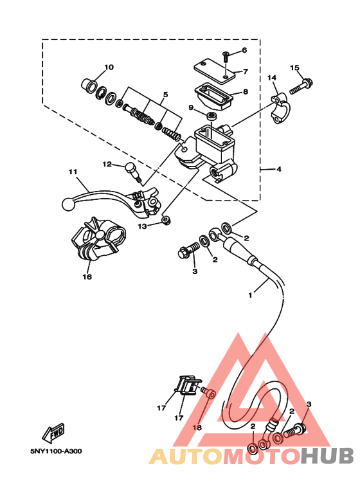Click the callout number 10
click(x=109, y=68)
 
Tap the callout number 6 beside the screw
click(x=244, y=50)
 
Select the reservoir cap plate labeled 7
click(x=215, y=70)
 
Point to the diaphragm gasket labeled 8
click(x=214, y=95)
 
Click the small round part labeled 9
click(x=212, y=116)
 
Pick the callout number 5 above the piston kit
click(x=165, y=95)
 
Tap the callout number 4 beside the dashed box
click(x=279, y=169)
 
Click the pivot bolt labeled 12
click(x=134, y=171)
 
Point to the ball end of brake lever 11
click(x=67, y=203)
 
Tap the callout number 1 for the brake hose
click(x=250, y=295)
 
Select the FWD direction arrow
click(x=54, y=432)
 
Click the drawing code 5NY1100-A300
click(x=56, y=451)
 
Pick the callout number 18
click(x=197, y=428)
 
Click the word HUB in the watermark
click(x=327, y=456)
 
